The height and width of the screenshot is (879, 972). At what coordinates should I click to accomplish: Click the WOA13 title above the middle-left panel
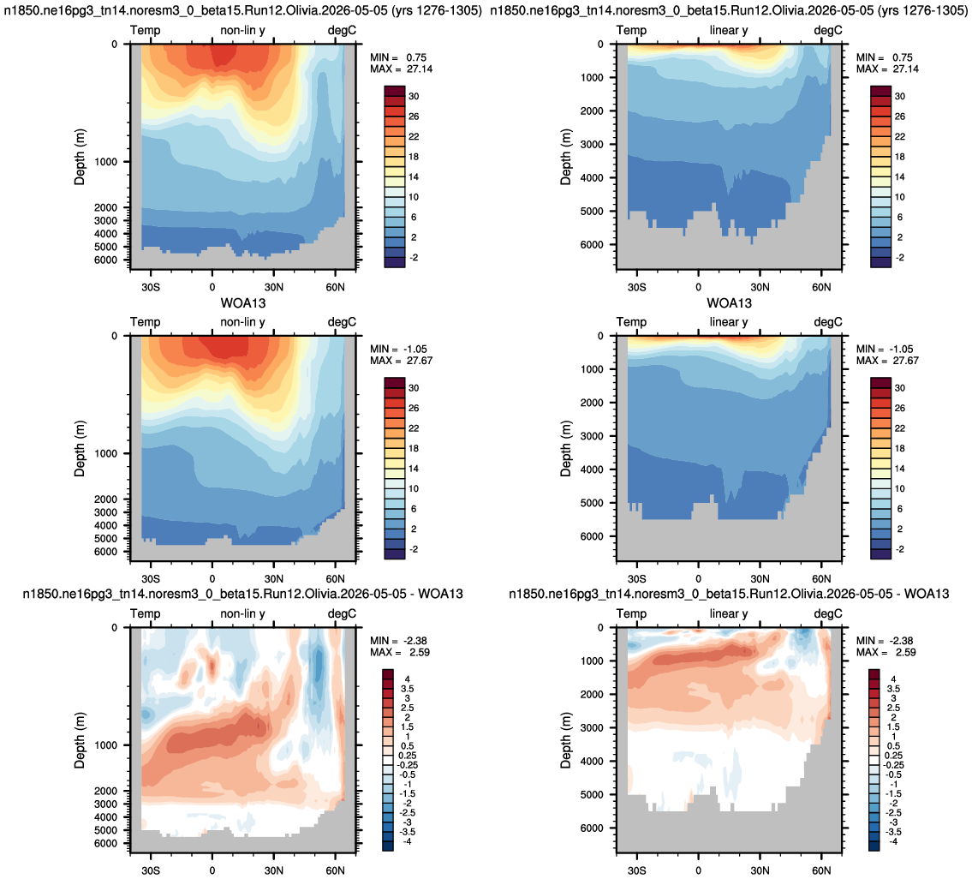coord(243,303)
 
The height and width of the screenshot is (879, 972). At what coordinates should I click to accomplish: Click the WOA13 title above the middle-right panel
coord(729,303)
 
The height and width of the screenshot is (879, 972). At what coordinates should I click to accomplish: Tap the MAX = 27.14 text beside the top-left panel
coord(401,69)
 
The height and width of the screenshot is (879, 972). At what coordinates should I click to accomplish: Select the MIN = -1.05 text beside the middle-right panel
coord(886,350)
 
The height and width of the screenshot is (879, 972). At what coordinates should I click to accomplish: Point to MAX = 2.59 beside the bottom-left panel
coord(400,653)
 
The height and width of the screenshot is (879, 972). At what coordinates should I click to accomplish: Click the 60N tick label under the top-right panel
coord(821,287)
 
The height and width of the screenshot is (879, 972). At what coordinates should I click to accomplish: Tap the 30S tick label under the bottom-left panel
coord(151,870)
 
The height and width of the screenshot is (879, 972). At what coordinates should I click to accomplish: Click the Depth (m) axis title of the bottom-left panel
coord(80,740)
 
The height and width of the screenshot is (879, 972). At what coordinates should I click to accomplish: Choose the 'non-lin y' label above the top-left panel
coord(242,30)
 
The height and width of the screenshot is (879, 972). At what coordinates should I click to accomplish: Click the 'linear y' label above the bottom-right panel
coord(729,613)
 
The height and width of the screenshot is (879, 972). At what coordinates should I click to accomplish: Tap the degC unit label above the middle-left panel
coord(343,322)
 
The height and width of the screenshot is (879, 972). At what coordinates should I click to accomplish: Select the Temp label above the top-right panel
coord(631,30)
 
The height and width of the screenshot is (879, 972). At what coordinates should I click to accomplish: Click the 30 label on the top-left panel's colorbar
coord(414,96)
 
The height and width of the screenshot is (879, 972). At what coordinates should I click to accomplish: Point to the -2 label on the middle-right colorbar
coord(899,549)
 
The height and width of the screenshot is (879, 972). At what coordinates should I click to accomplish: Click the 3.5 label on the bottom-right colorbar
coord(893,689)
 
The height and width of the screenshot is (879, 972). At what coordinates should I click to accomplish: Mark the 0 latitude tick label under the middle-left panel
coord(212,579)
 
